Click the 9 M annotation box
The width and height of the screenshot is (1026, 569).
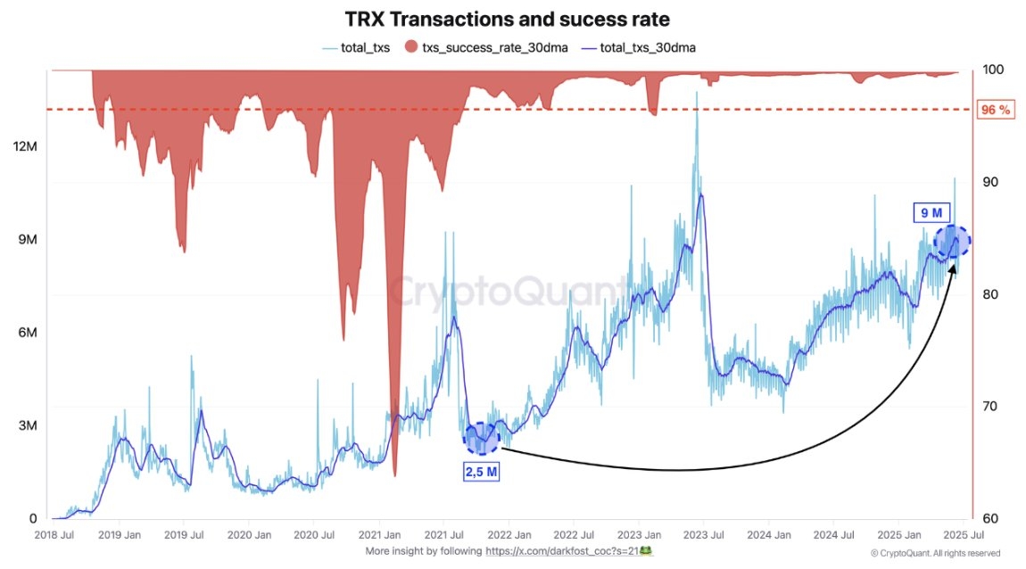coord(931,212)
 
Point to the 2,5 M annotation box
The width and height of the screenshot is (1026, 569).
coord(480,470)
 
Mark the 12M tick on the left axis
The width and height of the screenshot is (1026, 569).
coord(25,147)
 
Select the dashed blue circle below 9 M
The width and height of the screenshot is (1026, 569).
coord(951,242)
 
